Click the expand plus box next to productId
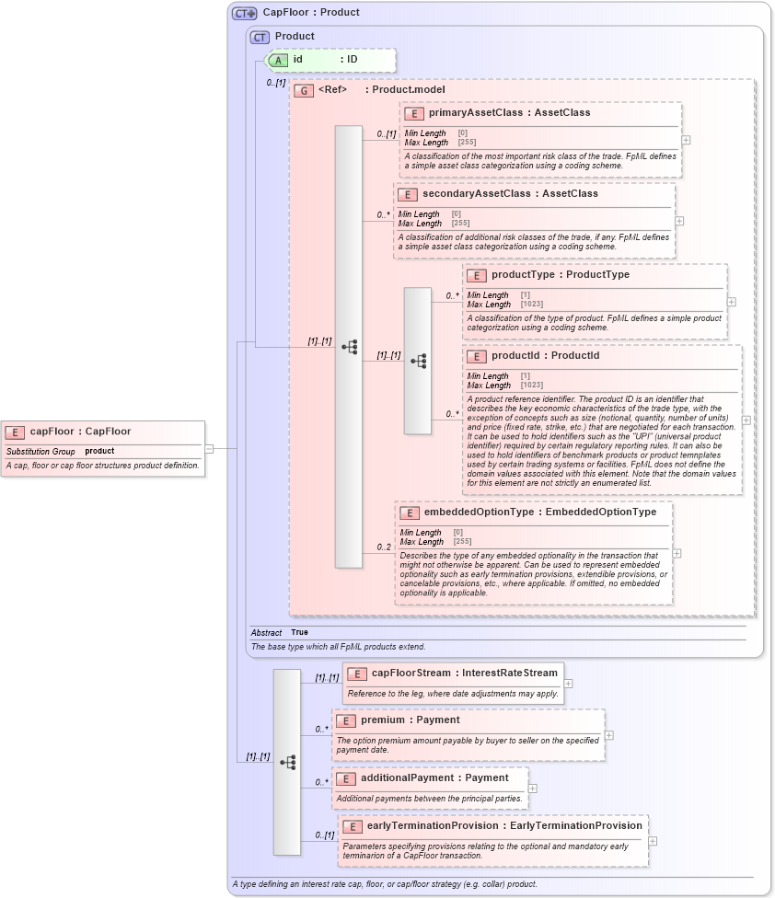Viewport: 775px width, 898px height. click(746, 420)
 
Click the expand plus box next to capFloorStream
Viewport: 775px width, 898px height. click(569, 684)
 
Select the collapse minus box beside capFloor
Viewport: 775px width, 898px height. click(209, 449)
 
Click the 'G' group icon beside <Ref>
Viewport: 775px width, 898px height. click(303, 90)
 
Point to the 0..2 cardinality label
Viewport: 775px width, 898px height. click(384, 547)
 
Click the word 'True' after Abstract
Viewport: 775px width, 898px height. click(299, 633)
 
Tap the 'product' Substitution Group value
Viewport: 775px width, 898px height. click(99, 451)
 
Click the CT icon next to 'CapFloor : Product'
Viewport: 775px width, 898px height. click(244, 13)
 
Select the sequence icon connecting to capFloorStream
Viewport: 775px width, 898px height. click(287, 762)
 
